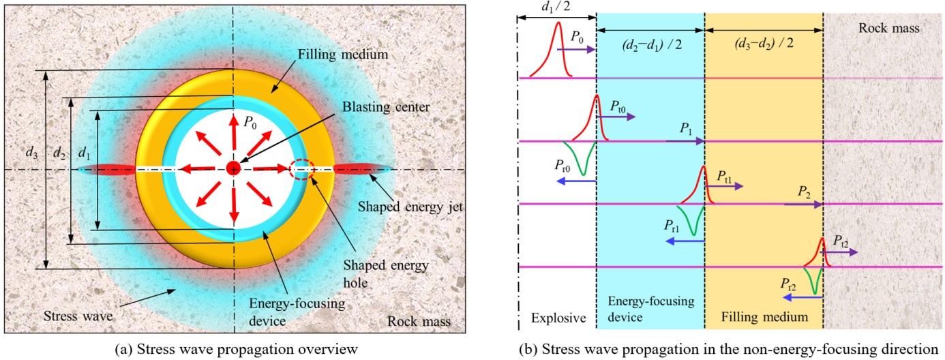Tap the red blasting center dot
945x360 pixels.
[x=233, y=168]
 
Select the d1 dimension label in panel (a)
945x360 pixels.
[x=84, y=153]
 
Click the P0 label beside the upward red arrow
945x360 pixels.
[x=252, y=122]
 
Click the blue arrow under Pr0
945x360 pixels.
[x=576, y=181]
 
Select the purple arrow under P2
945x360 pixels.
[x=803, y=204]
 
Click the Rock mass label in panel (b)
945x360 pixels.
[x=897, y=28]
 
